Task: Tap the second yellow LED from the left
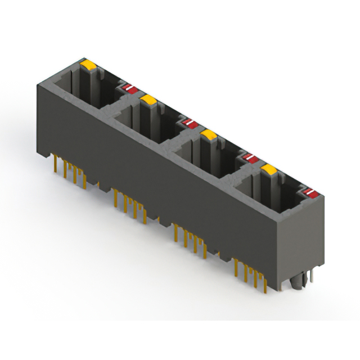pyautogui.click(x=148, y=100)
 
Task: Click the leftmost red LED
pyautogui.click(x=129, y=88)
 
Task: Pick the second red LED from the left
pyautogui.click(x=189, y=122)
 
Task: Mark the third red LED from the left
pyautogui.click(x=249, y=158)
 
